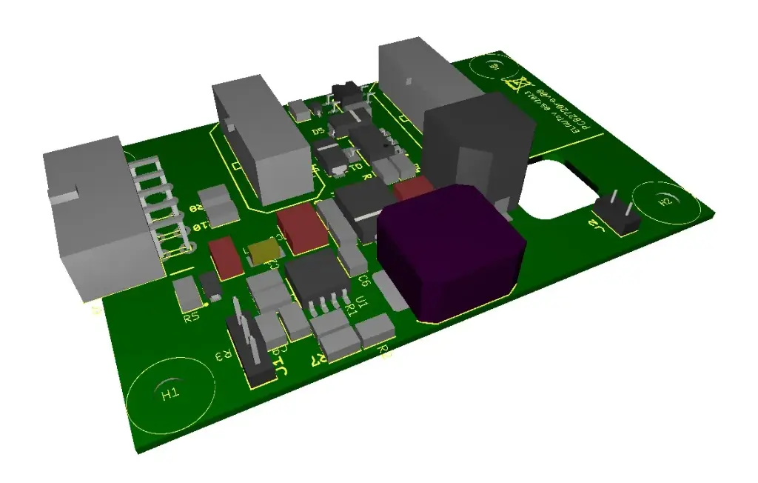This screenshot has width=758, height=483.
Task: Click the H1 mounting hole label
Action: (170, 393)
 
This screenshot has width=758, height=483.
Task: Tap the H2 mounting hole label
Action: (665, 201)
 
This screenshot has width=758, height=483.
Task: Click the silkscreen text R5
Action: (191, 318)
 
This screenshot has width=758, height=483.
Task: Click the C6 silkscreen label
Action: (363, 280)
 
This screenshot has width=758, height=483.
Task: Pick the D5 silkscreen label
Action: (318, 132)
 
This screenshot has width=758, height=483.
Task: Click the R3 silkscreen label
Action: (220, 358)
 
